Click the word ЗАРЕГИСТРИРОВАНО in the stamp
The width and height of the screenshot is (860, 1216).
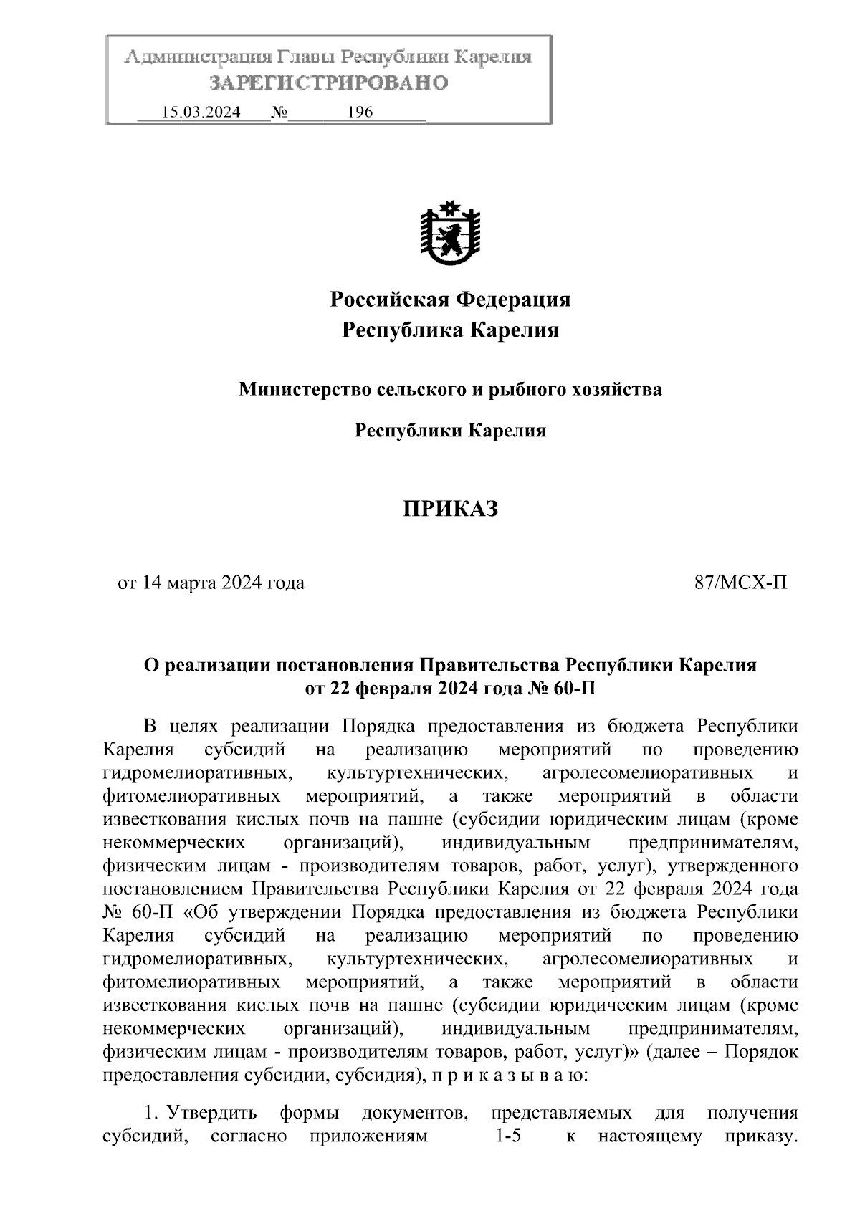(x=328, y=83)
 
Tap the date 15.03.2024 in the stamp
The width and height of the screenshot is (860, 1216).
(x=201, y=112)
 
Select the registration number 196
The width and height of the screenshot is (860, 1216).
(x=360, y=112)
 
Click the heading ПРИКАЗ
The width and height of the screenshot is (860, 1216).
(x=449, y=509)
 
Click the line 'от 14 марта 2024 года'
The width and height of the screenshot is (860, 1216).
(x=211, y=583)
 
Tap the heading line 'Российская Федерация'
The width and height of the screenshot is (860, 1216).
(x=450, y=299)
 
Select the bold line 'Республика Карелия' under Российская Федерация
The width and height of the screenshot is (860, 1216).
(x=450, y=330)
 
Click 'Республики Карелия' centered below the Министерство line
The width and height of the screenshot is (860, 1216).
(x=451, y=431)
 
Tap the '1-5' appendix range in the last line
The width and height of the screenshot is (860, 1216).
(x=507, y=1136)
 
